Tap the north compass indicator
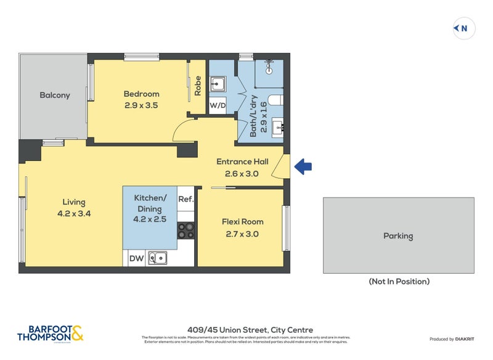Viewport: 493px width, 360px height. click(463, 28)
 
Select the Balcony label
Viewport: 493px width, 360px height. click(55, 96)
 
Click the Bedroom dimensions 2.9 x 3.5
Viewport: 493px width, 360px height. click(141, 105)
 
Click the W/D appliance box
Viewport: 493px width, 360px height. click(217, 105)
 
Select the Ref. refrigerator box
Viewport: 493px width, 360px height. click(186, 199)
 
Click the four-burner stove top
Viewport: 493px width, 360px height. click(186, 231)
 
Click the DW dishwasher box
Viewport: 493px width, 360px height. click(136, 259)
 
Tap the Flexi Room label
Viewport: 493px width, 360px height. click(242, 222)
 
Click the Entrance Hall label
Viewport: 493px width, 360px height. click(242, 162)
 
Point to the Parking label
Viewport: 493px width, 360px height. click(398, 236)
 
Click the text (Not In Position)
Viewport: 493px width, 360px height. click(399, 282)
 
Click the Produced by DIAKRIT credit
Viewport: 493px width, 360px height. click(451, 339)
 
